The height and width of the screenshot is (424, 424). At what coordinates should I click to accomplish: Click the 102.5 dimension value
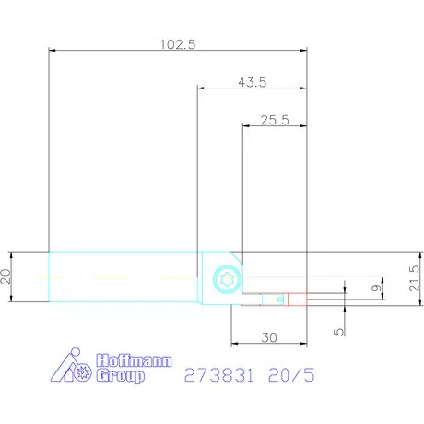pos(178,44)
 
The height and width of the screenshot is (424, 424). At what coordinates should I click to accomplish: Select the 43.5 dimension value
pos(253,82)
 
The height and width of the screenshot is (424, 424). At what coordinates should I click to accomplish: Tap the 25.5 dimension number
pos(275,120)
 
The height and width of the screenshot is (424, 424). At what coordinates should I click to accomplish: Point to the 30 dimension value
pos(269,337)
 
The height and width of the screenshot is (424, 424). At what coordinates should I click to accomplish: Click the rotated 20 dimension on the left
pos(6,276)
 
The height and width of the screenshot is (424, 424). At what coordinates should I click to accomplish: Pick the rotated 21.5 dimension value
pos(414,278)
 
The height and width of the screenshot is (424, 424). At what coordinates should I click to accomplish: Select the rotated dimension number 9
pos(376,288)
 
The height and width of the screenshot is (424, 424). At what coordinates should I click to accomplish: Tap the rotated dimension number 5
pos(338,332)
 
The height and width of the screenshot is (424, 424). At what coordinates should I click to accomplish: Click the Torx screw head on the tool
pos(227,279)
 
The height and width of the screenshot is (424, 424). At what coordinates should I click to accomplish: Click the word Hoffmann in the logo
pos(134,360)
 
